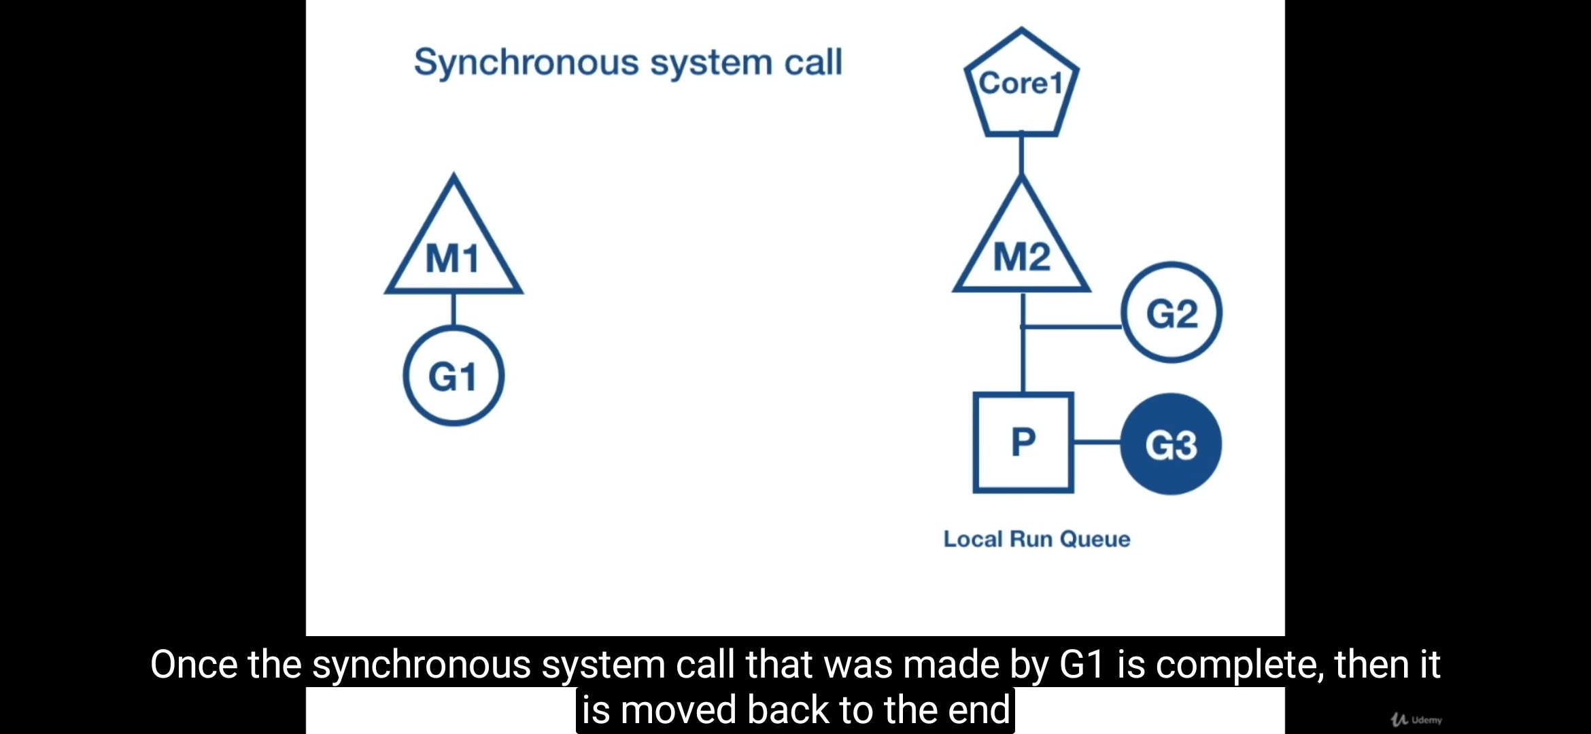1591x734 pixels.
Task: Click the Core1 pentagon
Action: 1021,85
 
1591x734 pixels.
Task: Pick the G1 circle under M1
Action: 454,376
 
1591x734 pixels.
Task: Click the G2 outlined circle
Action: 1171,313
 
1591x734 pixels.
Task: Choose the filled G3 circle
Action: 1171,444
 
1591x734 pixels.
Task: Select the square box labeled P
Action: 1023,442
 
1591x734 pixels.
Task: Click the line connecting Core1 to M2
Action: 1021,155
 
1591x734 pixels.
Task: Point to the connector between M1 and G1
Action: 454,309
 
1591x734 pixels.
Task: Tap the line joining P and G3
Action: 1097,442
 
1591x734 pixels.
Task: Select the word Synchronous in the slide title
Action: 526,63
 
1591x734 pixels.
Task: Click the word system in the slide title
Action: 712,63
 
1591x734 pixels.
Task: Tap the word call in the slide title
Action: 813,62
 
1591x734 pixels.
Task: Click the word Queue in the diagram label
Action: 1095,539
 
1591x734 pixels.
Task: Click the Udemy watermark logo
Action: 1417,719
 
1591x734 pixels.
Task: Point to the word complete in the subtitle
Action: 1239,665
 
